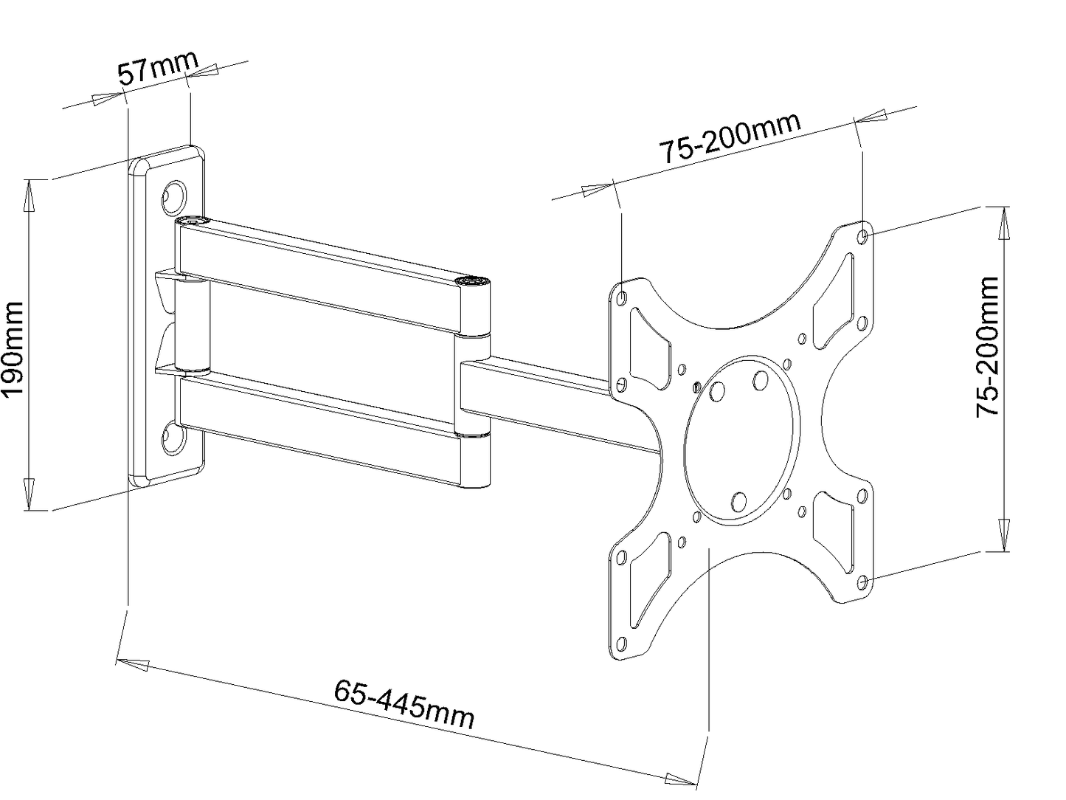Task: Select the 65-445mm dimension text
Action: (x=404, y=703)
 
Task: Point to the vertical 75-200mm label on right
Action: (x=988, y=347)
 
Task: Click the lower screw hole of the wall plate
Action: (x=175, y=436)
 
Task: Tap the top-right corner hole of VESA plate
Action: (x=864, y=235)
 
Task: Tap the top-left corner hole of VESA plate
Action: (x=622, y=298)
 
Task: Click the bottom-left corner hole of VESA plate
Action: (x=621, y=642)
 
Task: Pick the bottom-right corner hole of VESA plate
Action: (x=864, y=582)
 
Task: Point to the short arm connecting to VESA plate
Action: (x=546, y=402)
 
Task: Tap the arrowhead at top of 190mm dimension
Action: (x=30, y=191)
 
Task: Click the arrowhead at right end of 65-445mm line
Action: (x=682, y=779)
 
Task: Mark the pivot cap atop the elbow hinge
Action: (x=472, y=282)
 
